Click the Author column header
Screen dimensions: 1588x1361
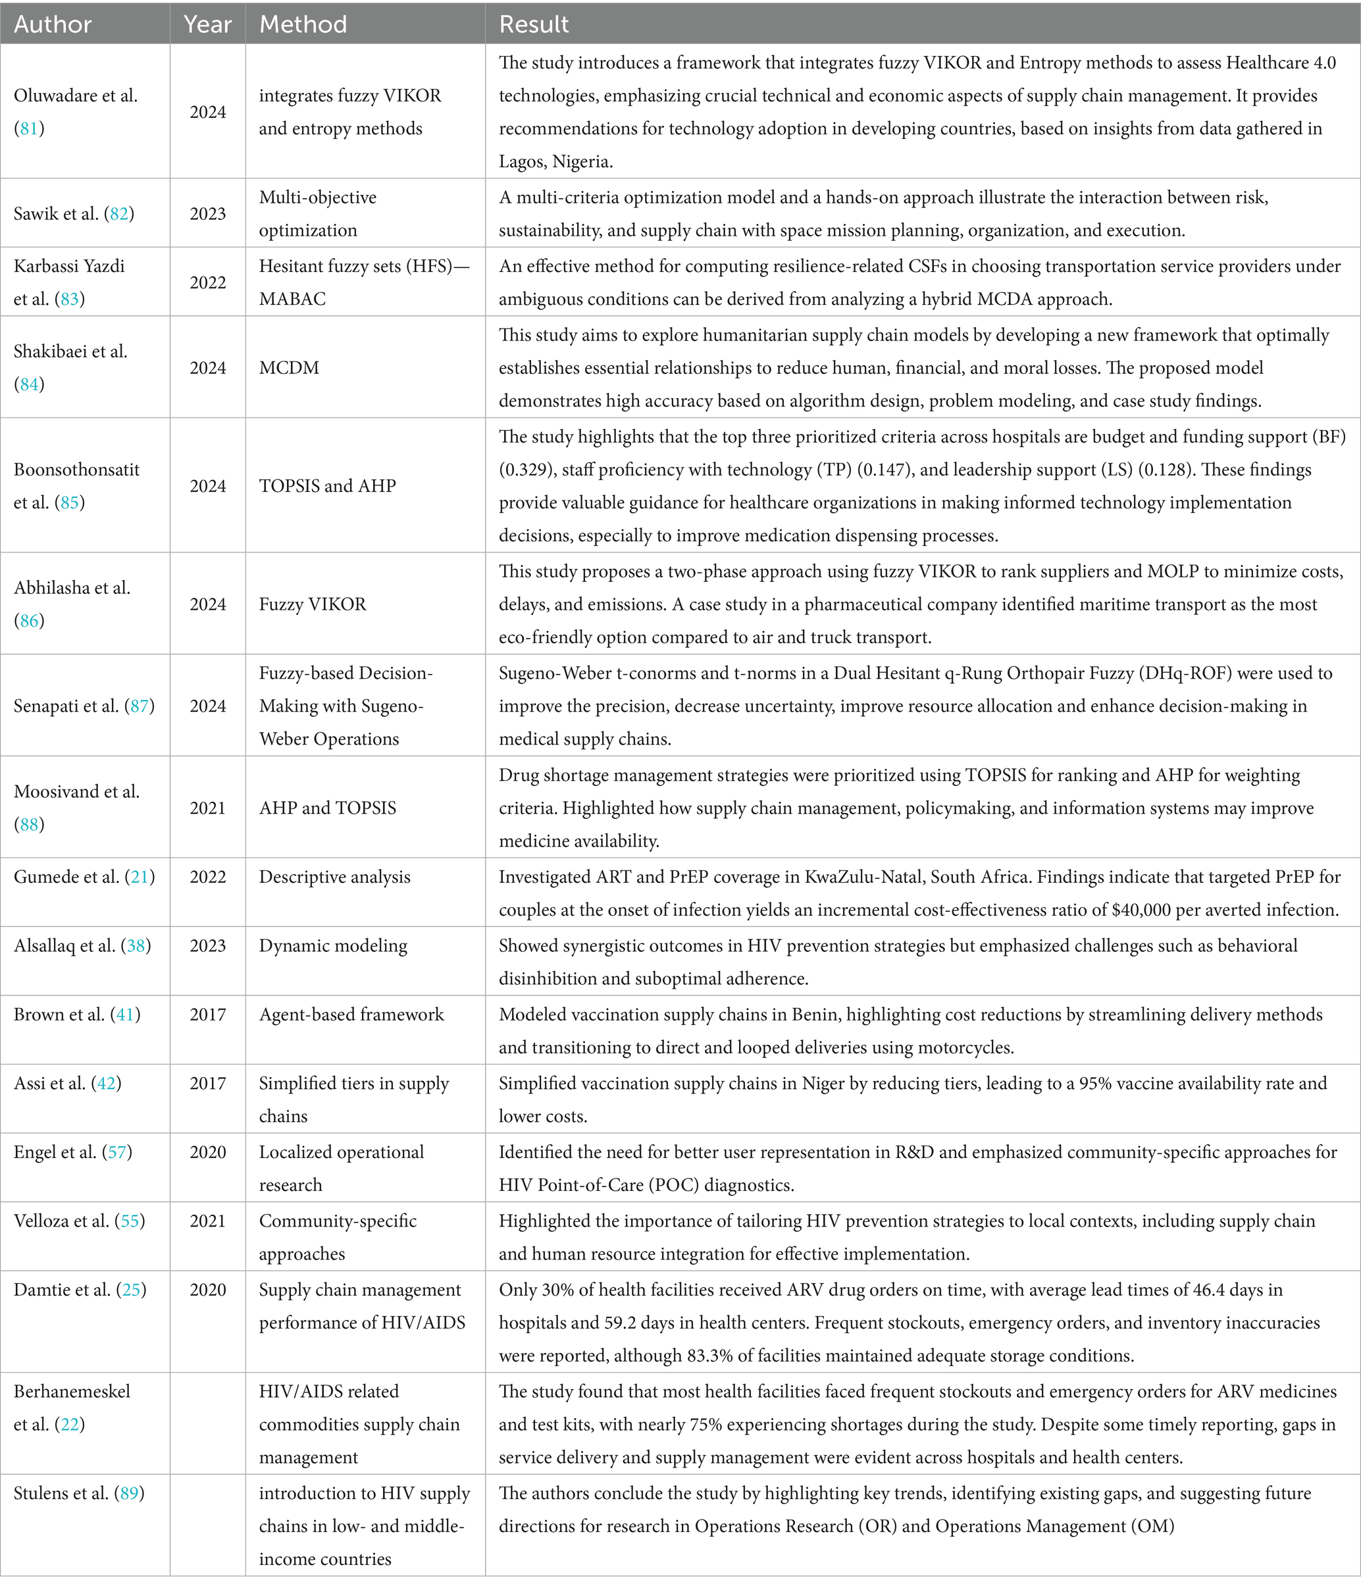click(x=53, y=24)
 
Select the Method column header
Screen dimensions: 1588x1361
click(x=303, y=24)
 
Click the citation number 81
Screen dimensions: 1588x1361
click(x=29, y=129)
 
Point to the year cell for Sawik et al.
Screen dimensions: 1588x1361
click(x=208, y=214)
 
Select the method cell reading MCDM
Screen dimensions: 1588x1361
click(x=289, y=368)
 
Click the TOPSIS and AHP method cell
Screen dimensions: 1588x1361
click(x=327, y=486)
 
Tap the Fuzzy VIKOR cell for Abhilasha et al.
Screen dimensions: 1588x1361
click(x=313, y=604)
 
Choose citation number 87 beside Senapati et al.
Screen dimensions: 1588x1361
click(x=140, y=706)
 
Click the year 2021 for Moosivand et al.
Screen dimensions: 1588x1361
click(x=208, y=808)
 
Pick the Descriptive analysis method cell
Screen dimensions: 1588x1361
click(x=334, y=877)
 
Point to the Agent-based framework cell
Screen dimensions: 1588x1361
click(x=351, y=1015)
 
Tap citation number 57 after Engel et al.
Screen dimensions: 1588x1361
click(x=117, y=1153)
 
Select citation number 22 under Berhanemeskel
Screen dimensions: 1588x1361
click(x=70, y=1425)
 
